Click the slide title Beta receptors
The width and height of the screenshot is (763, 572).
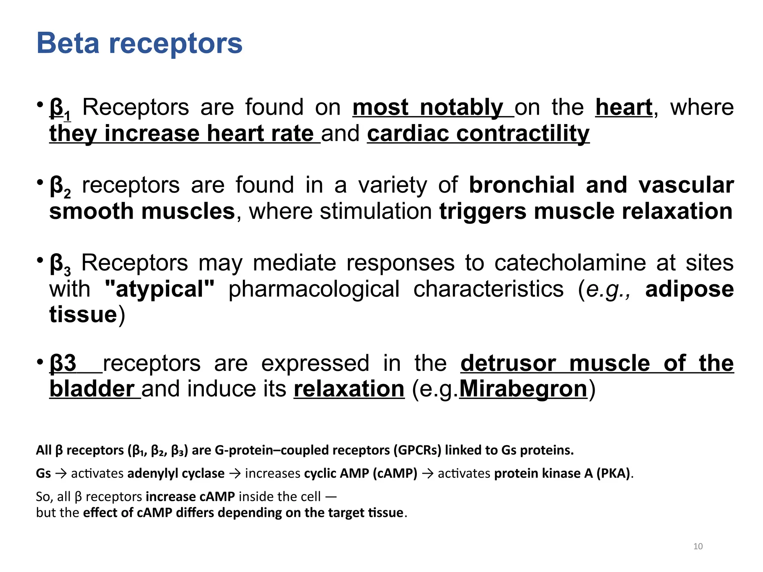point(139,43)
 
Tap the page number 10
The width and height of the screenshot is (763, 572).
point(698,546)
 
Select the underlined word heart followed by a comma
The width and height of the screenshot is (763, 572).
point(624,108)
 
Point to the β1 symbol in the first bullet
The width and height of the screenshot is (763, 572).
point(60,109)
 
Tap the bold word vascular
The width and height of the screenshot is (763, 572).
point(686,185)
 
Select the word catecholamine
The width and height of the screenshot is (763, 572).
point(570,263)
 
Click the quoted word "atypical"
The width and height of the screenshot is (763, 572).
point(160,289)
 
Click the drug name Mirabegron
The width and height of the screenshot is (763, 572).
point(523,389)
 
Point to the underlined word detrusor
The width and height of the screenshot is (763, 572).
point(508,363)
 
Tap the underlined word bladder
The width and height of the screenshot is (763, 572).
point(92,389)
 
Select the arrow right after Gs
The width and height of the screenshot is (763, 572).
point(61,474)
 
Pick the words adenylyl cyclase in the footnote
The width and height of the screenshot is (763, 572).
point(176,474)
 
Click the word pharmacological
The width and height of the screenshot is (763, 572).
point(314,289)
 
